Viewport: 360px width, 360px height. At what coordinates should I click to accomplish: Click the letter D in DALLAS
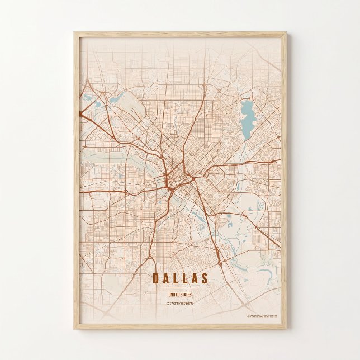pyautogui.click(x=155, y=278)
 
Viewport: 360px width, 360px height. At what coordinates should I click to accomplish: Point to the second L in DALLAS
pyautogui.click(x=185, y=278)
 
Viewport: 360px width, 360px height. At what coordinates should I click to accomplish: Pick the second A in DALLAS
pyautogui.click(x=195, y=278)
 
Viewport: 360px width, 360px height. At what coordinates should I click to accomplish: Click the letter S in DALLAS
pyautogui.click(x=205, y=278)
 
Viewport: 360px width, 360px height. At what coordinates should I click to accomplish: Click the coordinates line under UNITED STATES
pyautogui.click(x=180, y=304)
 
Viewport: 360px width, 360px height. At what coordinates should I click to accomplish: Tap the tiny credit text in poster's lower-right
pyautogui.click(x=261, y=315)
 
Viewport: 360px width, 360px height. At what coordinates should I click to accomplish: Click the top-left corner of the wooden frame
pyautogui.click(x=74, y=33)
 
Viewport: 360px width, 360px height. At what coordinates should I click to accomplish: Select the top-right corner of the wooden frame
pyautogui.click(x=285, y=33)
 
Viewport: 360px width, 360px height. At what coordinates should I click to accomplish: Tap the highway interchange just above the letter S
pyautogui.click(x=222, y=260)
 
